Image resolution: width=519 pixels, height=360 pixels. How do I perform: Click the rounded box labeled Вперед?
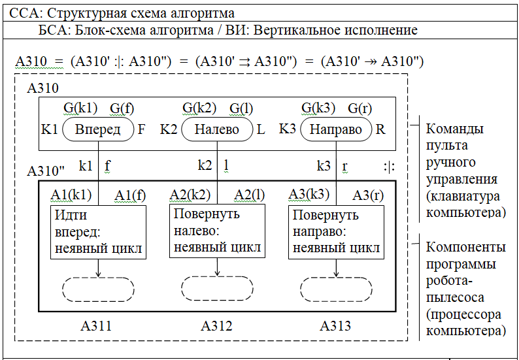(98, 129)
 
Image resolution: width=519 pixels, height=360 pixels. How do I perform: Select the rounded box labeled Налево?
(217, 129)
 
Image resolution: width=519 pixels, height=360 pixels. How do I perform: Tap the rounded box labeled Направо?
(336, 129)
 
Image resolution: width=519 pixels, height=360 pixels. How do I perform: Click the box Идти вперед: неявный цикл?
(98, 232)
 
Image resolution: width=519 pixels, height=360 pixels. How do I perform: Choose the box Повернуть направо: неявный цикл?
(336, 232)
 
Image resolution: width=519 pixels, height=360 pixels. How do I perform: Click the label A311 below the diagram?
(96, 325)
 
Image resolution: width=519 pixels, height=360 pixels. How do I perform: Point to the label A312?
(216, 325)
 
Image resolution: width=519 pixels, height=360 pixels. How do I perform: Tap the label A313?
(335, 325)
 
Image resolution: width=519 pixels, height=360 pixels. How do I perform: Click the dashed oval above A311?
(98, 288)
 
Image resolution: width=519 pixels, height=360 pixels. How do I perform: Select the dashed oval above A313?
(336, 288)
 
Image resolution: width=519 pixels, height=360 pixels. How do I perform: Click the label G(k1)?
(80, 108)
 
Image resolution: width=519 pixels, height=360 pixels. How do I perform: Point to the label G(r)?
(360, 108)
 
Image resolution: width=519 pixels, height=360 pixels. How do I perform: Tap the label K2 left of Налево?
(169, 129)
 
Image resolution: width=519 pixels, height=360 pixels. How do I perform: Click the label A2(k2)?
(190, 194)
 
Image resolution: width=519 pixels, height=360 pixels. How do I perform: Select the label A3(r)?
(367, 194)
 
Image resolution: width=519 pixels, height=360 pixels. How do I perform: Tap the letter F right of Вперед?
(141, 129)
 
